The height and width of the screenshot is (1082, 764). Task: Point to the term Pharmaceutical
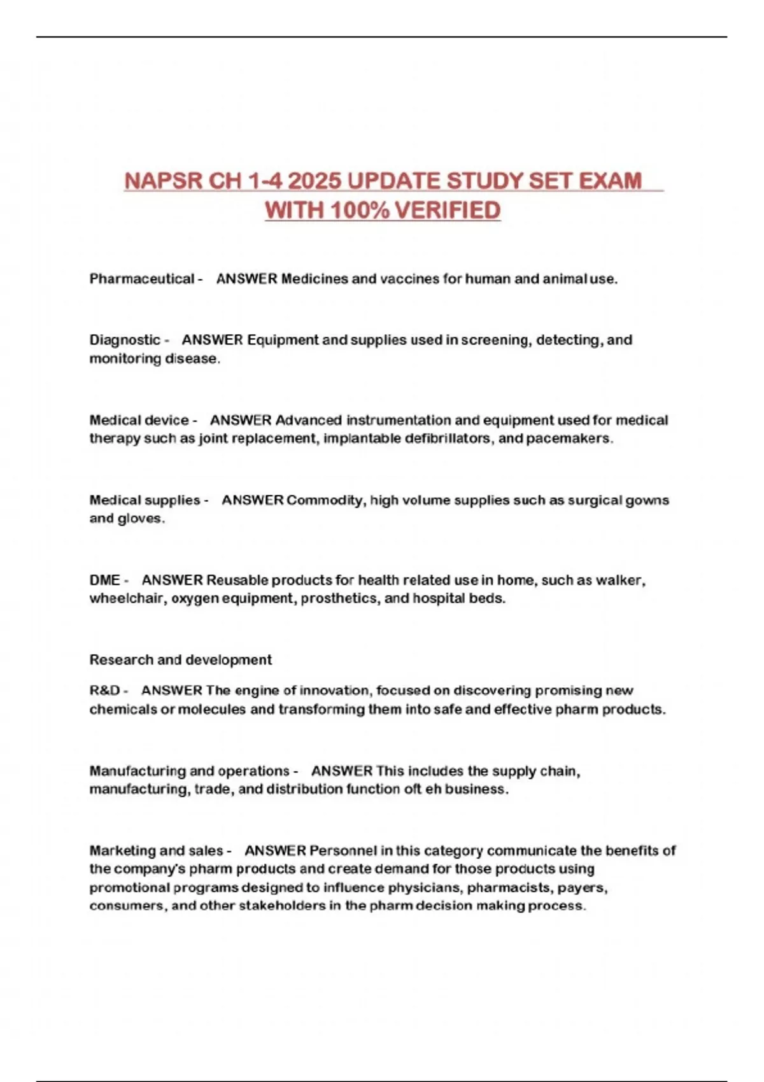(x=141, y=279)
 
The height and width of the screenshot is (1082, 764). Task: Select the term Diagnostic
(x=125, y=340)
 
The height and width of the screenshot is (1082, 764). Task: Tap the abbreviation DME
(x=104, y=580)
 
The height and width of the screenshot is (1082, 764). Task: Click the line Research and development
(x=180, y=660)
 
